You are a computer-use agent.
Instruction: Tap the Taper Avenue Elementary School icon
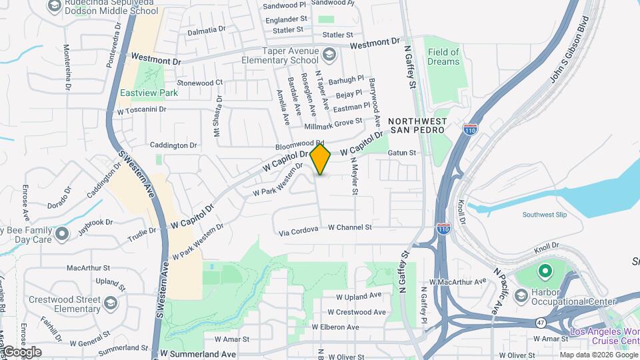[329, 53]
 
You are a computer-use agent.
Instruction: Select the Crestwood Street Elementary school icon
[110, 303]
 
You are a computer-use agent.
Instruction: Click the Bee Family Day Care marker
[62, 234]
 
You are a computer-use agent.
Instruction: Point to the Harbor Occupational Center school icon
[521, 295]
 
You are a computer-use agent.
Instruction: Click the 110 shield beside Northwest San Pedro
[471, 128]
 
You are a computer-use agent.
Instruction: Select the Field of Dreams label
[444, 57]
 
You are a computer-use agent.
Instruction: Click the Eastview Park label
[149, 93]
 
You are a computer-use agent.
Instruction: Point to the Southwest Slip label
[545, 215]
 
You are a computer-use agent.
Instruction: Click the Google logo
[21, 352]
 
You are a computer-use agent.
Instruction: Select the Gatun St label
[402, 153]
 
